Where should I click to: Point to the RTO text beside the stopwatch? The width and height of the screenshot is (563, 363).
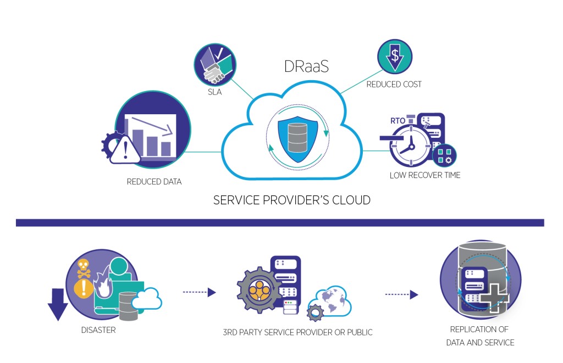[398, 120]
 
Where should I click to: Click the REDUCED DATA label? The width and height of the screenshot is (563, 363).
[154, 181]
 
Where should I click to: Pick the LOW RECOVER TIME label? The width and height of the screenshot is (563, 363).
[424, 176]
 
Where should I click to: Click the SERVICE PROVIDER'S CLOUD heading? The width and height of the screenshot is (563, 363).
[291, 200]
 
